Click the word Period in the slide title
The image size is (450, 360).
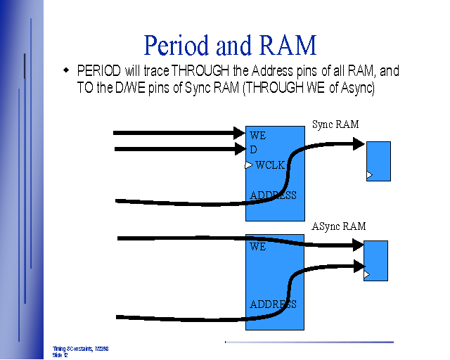pyautogui.click(x=177, y=45)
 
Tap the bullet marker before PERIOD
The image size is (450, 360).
pyautogui.click(x=66, y=70)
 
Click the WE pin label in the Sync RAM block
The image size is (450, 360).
pyautogui.click(x=257, y=135)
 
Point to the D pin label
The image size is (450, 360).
pyautogui.click(x=253, y=150)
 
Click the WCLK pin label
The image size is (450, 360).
pyautogui.click(x=270, y=165)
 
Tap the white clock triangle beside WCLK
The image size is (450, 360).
pyautogui.click(x=248, y=165)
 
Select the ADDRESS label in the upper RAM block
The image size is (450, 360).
pyautogui.click(x=273, y=195)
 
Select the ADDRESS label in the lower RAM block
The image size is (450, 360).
pyautogui.click(x=273, y=304)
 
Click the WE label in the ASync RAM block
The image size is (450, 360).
pyautogui.click(x=257, y=247)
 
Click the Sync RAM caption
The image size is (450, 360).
pyautogui.click(x=335, y=124)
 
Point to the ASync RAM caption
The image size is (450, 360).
pyautogui.click(x=339, y=226)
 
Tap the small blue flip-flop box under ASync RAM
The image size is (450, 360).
pyautogui.click(x=375, y=261)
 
